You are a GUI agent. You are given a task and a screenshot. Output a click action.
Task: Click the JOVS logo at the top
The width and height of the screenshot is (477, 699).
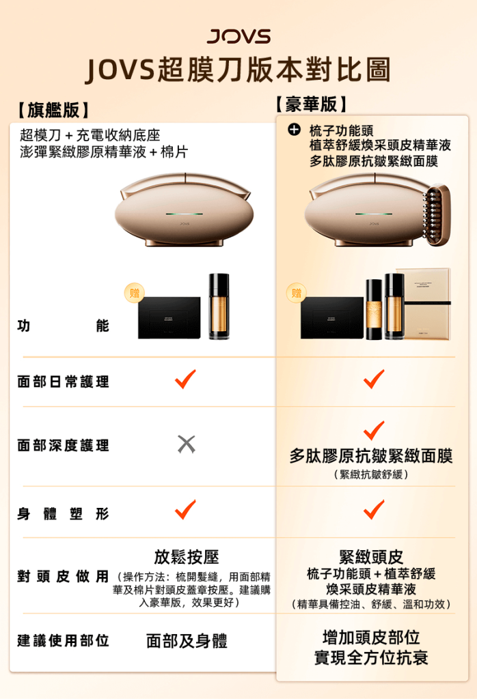coord(238,37)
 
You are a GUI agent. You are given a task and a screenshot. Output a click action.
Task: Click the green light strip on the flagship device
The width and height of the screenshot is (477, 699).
coord(184,214)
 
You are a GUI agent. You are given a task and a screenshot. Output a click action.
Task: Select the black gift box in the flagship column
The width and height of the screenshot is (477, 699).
coord(169,317)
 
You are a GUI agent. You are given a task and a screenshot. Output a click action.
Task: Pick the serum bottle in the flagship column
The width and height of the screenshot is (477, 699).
coord(219,306)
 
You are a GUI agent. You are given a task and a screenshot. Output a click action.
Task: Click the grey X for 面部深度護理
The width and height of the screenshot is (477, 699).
coord(186,444)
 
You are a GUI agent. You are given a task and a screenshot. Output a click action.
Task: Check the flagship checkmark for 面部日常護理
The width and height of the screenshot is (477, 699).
coord(185,379)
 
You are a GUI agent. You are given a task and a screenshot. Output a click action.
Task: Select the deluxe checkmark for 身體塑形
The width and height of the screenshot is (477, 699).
coord(374,509)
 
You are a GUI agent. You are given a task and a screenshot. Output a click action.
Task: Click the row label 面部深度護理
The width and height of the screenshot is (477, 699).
coord(63,446)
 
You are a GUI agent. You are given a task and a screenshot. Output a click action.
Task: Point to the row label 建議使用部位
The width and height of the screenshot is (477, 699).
coord(63,641)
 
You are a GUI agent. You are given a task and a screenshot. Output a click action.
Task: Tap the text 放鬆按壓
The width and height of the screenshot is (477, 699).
coord(187,556)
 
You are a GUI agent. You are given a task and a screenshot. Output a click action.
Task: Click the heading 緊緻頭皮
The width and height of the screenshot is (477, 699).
coord(371,557)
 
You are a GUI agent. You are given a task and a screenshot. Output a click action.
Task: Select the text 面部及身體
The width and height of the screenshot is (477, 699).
coord(187,641)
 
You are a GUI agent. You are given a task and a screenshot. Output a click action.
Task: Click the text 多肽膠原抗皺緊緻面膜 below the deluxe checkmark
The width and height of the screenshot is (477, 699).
coord(371,456)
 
